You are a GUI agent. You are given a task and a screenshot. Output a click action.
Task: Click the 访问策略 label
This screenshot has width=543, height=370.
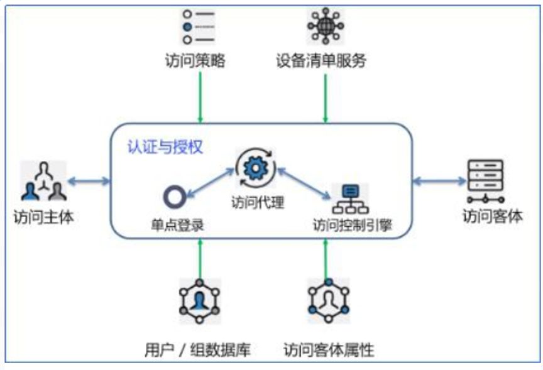(x=195, y=60)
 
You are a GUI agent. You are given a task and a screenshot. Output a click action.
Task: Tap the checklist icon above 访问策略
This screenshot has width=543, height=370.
(x=199, y=27)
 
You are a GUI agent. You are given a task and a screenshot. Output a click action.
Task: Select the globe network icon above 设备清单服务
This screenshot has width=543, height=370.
(x=326, y=26)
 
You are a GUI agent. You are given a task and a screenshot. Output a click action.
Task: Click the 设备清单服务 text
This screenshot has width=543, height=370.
(x=321, y=60)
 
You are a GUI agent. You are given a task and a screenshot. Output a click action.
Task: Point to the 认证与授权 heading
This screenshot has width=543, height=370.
(x=165, y=147)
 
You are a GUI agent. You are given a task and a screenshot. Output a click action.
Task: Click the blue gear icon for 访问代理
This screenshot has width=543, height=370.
(x=256, y=168)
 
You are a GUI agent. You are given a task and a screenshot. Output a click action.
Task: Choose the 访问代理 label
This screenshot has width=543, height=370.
(x=258, y=202)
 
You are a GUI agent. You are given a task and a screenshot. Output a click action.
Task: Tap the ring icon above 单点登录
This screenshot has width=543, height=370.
(x=175, y=197)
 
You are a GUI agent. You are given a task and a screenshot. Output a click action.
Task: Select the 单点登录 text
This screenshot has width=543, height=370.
(x=177, y=226)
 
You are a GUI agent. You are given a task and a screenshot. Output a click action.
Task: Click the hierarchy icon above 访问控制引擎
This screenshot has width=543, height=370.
(x=351, y=199)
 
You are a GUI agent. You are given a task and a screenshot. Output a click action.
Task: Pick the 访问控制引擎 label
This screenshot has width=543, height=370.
(x=353, y=225)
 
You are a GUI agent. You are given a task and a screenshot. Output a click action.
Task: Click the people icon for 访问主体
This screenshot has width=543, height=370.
(x=43, y=181)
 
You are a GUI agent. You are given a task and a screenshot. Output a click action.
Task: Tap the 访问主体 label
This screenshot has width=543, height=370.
(x=43, y=217)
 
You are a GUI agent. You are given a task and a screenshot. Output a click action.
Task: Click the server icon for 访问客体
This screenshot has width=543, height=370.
(x=485, y=181)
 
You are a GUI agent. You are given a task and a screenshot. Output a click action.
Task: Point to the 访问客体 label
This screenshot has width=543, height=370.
(x=493, y=216)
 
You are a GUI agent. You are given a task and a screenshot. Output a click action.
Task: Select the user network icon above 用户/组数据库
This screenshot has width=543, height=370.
(x=199, y=301)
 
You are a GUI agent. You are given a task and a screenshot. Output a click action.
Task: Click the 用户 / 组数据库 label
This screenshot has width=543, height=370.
(x=197, y=350)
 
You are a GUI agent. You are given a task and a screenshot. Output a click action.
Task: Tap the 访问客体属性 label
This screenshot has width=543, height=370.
(x=329, y=350)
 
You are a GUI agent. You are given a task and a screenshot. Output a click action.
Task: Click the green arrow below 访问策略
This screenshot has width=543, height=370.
(x=200, y=97)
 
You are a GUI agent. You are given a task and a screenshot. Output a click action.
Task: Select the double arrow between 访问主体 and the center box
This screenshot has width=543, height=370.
(x=89, y=181)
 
